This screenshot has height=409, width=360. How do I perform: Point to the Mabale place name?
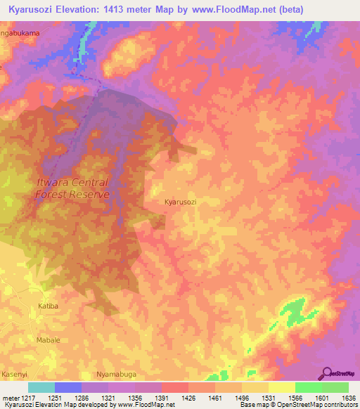[48, 339]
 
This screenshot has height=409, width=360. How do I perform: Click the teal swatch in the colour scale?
[41, 387]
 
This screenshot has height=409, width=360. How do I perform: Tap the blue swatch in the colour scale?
[67, 387]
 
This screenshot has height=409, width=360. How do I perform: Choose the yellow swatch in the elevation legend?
[281, 387]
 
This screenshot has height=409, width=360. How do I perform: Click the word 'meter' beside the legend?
[11, 397]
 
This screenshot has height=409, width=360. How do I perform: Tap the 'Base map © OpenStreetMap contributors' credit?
[297, 405]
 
